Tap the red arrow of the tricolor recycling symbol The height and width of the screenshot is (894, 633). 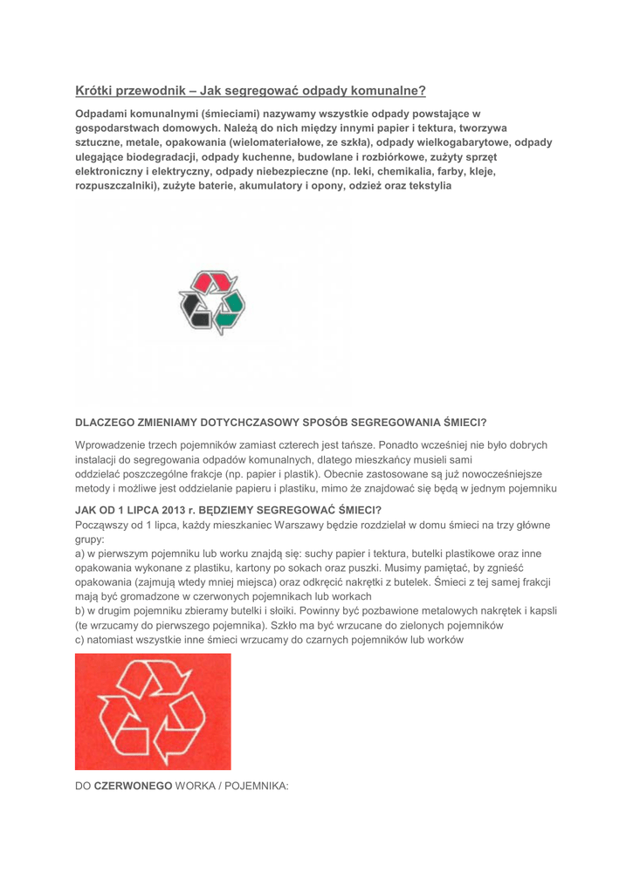pos(215,282)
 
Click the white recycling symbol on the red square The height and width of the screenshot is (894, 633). pos(153,712)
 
